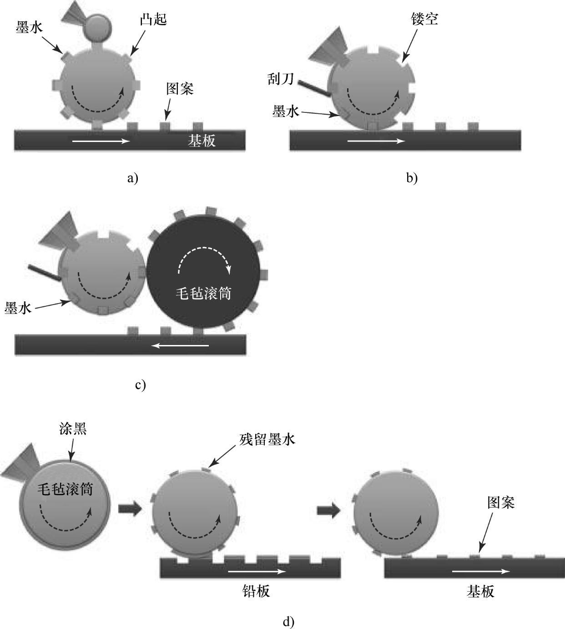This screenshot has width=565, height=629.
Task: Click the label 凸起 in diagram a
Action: point(153,20)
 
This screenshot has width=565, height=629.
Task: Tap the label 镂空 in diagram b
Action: point(424,19)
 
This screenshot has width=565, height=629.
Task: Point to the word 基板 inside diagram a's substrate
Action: point(202,141)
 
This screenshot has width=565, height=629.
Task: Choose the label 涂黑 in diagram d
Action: point(73,429)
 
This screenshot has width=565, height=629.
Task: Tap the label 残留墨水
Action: point(267,439)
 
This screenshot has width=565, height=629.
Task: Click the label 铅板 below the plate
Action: point(256,591)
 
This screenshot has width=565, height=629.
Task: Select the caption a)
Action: point(132,178)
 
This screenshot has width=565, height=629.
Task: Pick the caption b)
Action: point(412,178)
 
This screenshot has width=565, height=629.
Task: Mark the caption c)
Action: point(140,385)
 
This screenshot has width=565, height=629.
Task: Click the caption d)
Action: point(288,621)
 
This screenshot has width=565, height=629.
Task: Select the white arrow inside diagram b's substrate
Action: point(376,141)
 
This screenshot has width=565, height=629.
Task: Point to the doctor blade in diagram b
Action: point(314,88)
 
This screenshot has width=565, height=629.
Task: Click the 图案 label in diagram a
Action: point(180,89)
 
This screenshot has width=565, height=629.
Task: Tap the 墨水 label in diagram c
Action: point(18,308)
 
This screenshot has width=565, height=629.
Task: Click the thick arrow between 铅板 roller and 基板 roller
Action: point(328,510)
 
